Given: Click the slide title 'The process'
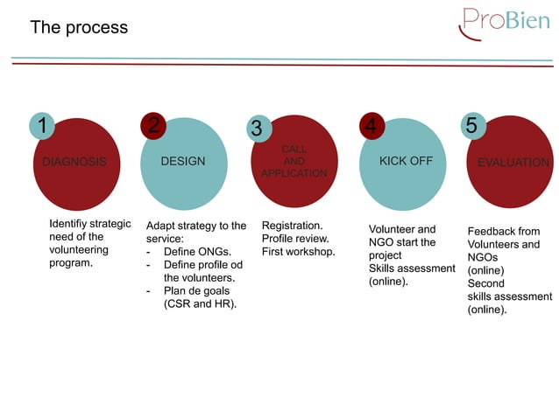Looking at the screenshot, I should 79,28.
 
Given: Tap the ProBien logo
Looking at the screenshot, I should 505,23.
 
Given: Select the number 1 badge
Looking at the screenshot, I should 41,126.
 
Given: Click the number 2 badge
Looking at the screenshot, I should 153,126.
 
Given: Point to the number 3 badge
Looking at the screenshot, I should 256,129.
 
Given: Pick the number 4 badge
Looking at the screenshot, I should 371,127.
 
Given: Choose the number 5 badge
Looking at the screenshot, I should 471,126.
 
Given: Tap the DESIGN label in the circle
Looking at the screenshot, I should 183,162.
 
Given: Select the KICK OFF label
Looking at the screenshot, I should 406,162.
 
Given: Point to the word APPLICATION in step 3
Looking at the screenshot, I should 294,174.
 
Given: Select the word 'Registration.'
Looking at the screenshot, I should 292,226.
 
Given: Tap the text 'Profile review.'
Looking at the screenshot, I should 295,239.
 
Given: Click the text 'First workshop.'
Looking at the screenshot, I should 298,252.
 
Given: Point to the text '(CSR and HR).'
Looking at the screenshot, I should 201,304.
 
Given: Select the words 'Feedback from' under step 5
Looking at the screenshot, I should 504,232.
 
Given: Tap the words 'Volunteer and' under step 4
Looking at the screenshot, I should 402,229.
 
